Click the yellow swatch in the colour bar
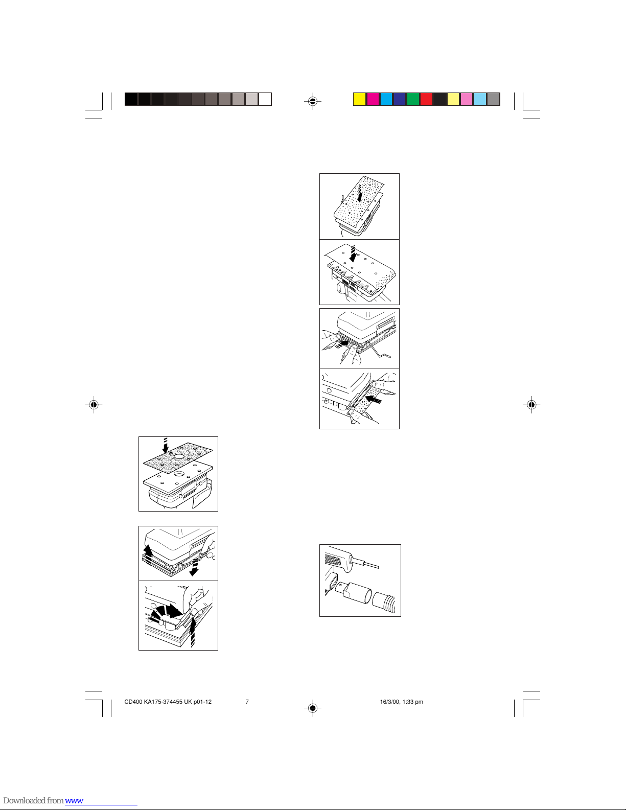click(x=360, y=99)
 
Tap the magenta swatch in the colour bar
click(x=373, y=99)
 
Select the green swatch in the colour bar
click(x=413, y=99)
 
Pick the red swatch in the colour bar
click(x=426, y=99)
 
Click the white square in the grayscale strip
click(x=265, y=99)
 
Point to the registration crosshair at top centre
click(x=313, y=101)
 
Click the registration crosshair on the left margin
click(x=94, y=404)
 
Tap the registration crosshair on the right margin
click(x=532, y=404)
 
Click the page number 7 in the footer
click(x=247, y=702)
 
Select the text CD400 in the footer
click(x=133, y=702)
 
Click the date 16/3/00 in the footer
click(x=389, y=702)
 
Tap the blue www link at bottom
click(x=74, y=800)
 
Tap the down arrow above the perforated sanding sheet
click(x=166, y=445)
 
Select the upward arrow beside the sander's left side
click(x=148, y=553)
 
